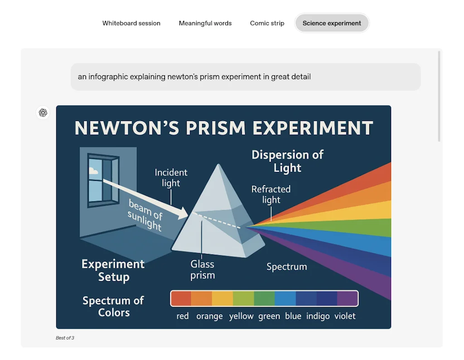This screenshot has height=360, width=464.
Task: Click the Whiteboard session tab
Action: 131,23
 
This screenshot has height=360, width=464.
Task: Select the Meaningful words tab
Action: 205,23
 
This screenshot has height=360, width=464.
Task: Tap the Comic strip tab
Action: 267,23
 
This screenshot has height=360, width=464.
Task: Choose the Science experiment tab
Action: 332,23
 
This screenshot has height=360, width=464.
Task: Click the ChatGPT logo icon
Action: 43,112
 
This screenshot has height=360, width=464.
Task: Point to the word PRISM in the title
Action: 216,128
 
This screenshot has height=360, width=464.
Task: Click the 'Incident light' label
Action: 171,178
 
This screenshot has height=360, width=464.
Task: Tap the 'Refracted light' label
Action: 271,194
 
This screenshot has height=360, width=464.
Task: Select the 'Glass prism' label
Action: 203,269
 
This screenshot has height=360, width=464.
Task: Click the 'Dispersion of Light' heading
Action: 287,161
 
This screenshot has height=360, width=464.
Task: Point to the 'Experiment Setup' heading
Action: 113,270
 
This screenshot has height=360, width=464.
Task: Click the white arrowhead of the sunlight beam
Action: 183,213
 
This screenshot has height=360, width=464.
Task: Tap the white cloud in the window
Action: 93,171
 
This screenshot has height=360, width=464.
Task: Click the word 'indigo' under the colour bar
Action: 318,316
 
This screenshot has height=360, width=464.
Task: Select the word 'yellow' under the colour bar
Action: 241,316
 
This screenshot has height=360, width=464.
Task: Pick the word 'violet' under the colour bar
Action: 345,316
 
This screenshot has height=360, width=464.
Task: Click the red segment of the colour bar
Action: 181,298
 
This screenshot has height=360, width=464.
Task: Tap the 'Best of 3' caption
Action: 65,338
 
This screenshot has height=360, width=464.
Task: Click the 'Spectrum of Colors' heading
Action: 113,306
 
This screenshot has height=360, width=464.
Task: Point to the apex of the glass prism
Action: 218,164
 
